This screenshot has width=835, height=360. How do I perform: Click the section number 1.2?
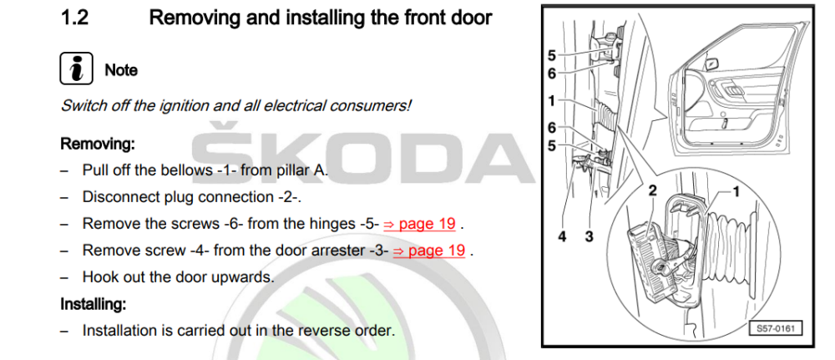pos(74,18)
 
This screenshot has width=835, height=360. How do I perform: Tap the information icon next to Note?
pos(76,68)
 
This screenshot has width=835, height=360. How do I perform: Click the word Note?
pos(121,70)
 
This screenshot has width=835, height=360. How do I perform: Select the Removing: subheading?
pos(98,144)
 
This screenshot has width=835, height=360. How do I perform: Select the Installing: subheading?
pos(93,305)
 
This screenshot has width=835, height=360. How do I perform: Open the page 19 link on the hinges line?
pos(420,224)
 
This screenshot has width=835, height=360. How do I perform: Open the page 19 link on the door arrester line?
pos(429,251)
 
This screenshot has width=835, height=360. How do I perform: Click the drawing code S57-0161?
pos(775,328)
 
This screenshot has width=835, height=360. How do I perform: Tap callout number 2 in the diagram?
pos(652,190)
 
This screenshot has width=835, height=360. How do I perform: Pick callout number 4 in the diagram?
pos(563,236)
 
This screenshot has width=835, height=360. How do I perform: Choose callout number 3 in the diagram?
pos(589,236)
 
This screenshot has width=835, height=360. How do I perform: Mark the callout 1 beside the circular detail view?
pos(736,192)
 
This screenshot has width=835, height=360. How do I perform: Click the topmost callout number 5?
pos(552,55)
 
